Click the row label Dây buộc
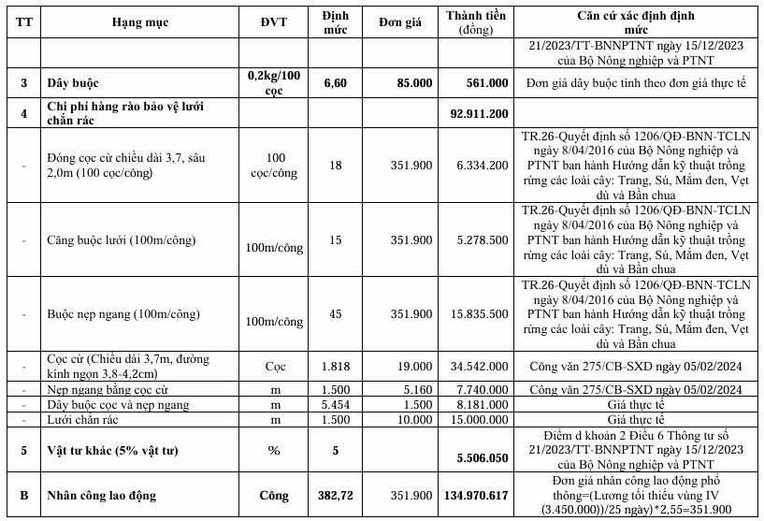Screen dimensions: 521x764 point(75,83)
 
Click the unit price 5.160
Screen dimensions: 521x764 point(416,389)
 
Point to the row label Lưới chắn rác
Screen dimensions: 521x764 point(83,420)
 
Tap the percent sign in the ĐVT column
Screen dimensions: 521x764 point(276,450)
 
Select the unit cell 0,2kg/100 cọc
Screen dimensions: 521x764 point(276,83)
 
